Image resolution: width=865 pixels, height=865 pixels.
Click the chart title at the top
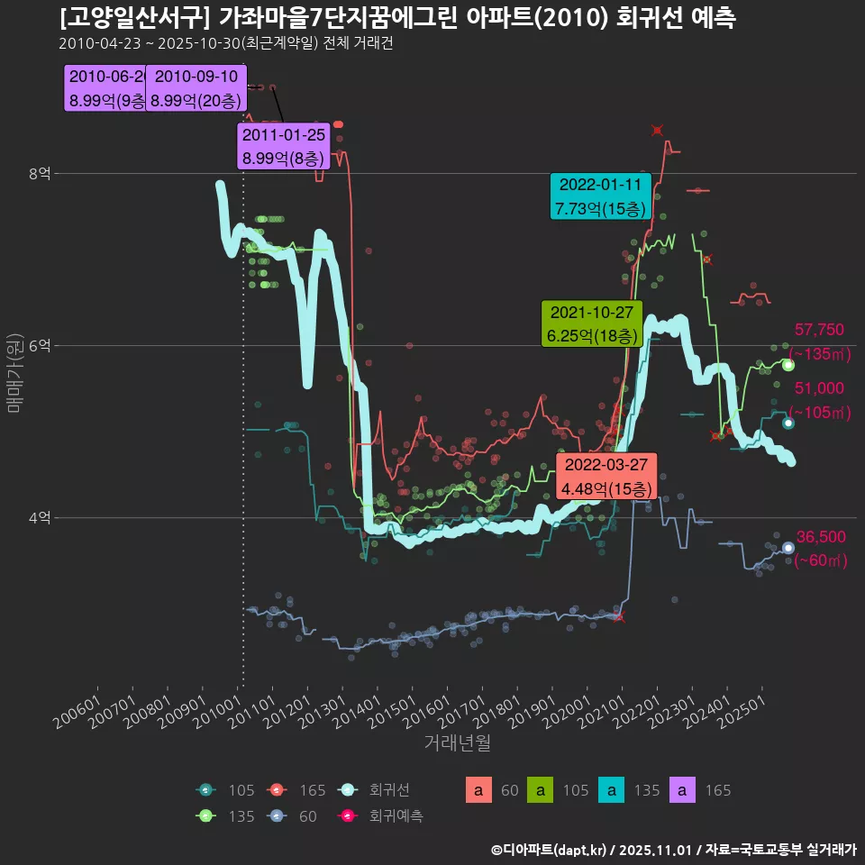tap(397, 18)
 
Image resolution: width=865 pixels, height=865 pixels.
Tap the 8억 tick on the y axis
tap(39, 173)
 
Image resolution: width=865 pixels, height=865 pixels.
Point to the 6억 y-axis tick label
tap(39, 345)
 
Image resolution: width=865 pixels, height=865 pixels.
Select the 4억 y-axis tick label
tap(39, 517)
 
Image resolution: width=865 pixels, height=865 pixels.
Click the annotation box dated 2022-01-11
tap(600, 196)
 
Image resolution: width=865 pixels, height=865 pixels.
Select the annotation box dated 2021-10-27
tap(591, 324)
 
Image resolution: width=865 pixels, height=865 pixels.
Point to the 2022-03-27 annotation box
tap(605, 476)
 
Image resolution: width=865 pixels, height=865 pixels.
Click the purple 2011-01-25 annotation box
tap(285, 147)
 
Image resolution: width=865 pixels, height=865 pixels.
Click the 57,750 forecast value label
tap(819, 330)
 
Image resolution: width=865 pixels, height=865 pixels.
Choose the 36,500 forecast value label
tap(821, 537)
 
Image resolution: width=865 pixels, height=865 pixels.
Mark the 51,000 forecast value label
tap(819, 388)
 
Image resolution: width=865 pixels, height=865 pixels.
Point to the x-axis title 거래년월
tap(457, 744)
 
